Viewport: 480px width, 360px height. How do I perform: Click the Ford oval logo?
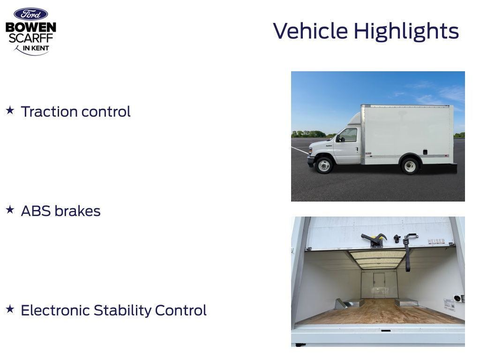pyautogui.click(x=30, y=15)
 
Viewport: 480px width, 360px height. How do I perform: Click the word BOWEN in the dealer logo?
pyautogui.click(x=31, y=27)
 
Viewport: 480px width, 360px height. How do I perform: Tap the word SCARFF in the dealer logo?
pyautogui.click(x=31, y=38)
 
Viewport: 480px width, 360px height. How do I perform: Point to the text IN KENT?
pyautogui.click(x=36, y=48)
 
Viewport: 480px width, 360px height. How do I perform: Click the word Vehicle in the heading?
pyautogui.click(x=310, y=31)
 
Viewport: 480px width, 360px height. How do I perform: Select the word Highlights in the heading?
pyautogui.click(x=406, y=31)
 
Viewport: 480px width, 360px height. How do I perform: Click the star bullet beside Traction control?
pyautogui.click(x=10, y=110)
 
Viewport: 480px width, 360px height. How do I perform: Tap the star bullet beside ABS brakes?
pyautogui.click(x=10, y=210)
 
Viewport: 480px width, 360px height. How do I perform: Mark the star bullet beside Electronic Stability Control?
pyautogui.click(x=10, y=309)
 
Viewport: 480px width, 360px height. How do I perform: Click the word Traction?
pyautogui.click(x=49, y=112)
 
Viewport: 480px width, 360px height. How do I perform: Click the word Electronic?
pyautogui.click(x=55, y=310)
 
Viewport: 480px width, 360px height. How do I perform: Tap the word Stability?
pyautogui.click(x=122, y=310)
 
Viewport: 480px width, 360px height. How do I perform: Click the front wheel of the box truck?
pyautogui.click(x=324, y=165)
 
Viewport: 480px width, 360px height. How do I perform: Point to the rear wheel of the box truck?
pyautogui.click(x=410, y=166)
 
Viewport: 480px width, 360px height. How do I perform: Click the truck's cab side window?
pyautogui.click(x=349, y=135)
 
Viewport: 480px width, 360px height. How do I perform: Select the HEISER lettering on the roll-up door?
pyautogui.click(x=436, y=241)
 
